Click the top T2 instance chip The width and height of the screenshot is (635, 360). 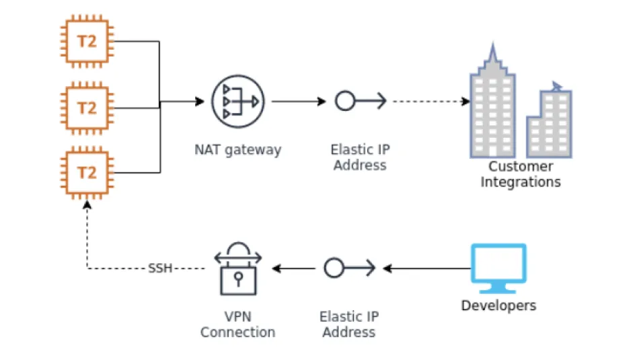[x=87, y=42]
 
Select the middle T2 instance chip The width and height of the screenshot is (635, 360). [x=87, y=108]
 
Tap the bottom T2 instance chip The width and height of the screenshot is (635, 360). [x=87, y=173]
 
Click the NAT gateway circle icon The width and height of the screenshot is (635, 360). [x=237, y=102]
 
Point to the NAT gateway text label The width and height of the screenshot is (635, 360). [x=237, y=149]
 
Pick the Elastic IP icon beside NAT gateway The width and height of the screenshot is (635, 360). [x=360, y=102]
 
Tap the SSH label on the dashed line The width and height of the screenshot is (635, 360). [x=160, y=268]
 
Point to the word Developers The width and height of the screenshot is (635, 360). [x=498, y=306]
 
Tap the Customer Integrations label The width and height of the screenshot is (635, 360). [x=521, y=174]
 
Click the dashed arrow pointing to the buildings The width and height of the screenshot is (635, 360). [x=431, y=102]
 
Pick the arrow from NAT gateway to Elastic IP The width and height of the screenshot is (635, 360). [x=299, y=102]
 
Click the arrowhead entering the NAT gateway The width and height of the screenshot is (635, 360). [x=199, y=102]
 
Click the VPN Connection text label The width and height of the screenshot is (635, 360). [x=237, y=324]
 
